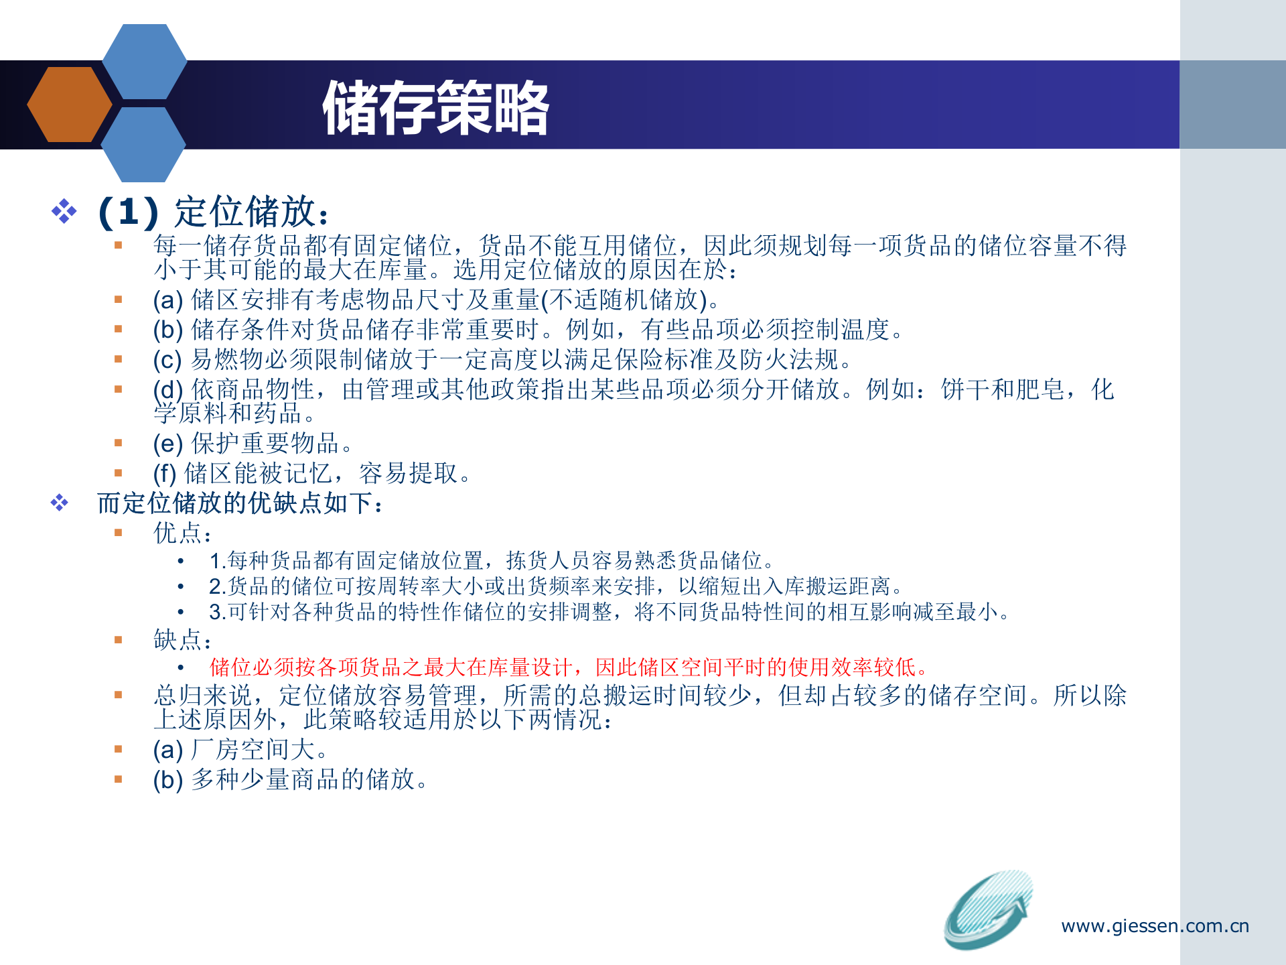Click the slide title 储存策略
pos(435,107)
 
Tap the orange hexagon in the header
pos(69,105)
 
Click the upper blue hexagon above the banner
pos(145,61)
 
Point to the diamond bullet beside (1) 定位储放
pos(64,211)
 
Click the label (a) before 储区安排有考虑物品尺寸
pos(167,300)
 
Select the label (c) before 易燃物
pos(167,360)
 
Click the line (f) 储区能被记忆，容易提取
pos(312,474)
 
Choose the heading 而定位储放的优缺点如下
pos(240,503)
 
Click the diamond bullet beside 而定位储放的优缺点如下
pos(60,503)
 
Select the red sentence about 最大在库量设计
pos(569,667)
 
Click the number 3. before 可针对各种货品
pos(217,613)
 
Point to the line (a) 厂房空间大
pos(240,750)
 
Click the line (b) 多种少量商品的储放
pos(290,779)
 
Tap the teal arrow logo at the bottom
pos(988,909)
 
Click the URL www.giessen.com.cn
pos(1155,926)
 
